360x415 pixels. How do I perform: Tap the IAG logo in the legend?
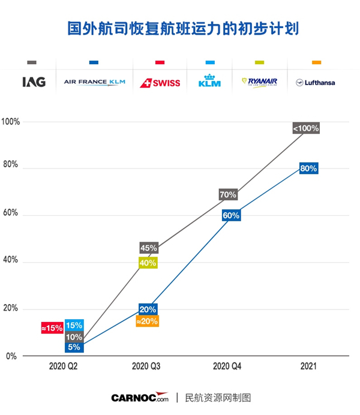pos(33,82)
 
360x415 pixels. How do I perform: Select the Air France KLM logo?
pos(94,82)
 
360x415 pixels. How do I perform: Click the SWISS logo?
pos(160,83)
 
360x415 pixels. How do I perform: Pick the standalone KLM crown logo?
pos(209,81)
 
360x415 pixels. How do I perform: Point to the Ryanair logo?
pos(259,82)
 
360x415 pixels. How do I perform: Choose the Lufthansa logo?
pos(316,83)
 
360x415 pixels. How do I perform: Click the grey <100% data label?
pos(306,128)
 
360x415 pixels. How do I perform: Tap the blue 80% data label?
pos(308,169)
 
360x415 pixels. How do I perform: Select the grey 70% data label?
pos(228,194)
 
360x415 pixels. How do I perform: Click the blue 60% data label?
pos(232,215)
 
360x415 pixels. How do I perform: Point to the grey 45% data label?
pos(148,248)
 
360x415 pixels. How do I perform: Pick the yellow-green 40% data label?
pos(148,262)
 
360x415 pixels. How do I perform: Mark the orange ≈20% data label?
pos(148,321)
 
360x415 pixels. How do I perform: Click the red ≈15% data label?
pos(52,328)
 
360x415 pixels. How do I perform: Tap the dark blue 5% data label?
pos(74,347)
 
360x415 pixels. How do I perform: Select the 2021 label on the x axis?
pos(308,365)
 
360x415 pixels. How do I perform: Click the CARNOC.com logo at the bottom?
pos(140,398)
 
